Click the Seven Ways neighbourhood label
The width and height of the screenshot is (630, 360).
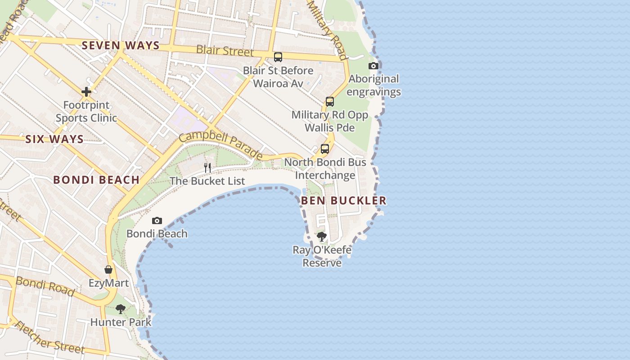coord(121,45)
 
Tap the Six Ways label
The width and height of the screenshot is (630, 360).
coord(54,139)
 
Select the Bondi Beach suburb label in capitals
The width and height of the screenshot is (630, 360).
coord(96,180)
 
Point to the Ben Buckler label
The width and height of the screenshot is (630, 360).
coord(343,201)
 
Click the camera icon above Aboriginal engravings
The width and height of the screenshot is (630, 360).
coord(373,66)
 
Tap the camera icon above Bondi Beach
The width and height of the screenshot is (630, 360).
coord(157,220)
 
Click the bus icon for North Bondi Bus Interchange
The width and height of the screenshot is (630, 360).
coord(325,149)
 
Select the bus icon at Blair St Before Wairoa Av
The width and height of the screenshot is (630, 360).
coord(278,57)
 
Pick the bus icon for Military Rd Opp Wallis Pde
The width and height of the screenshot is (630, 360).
coord(330,102)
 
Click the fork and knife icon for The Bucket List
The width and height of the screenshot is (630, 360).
coord(207,168)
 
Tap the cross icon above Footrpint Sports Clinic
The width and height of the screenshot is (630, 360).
coord(86,92)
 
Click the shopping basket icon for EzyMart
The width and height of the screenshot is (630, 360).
coord(108,270)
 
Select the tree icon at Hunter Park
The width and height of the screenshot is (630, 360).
coord(120,309)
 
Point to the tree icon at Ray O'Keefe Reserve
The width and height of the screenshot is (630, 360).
coord(322,237)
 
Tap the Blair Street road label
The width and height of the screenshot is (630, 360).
coord(225,50)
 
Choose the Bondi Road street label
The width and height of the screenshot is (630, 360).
coord(45,286)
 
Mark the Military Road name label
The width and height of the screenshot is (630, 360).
coord(327,30)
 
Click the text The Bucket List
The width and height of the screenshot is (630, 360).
coord(207,181)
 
